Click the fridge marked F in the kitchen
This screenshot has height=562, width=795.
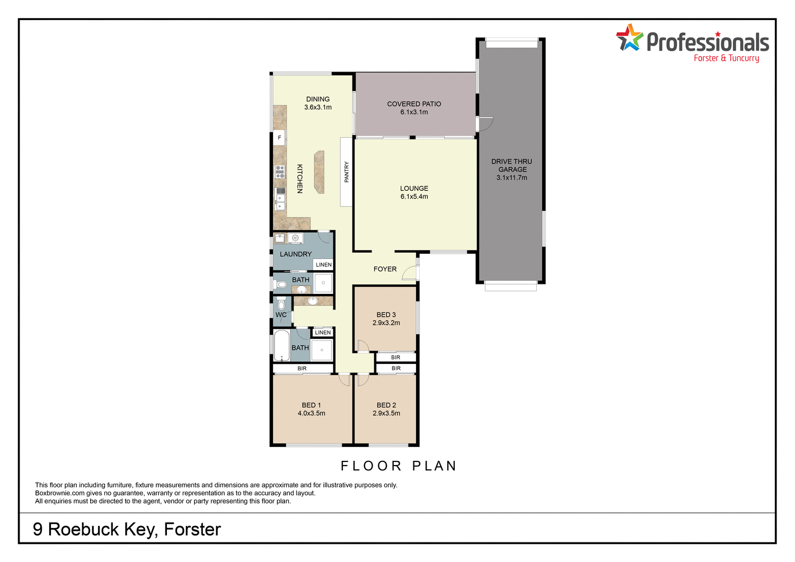pyautogui.click(x=279, y=138)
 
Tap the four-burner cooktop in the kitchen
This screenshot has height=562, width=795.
pyautogui.click(x=280, y=172)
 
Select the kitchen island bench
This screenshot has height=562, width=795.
pyautogui.click(x=319, y=172)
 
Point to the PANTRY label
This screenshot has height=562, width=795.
pyautogui.click(x=347, y=172)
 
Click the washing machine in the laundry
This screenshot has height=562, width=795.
pyautogui.click(x=295, y=238)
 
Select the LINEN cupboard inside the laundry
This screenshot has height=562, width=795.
pyautogui.click(x=323, y=264)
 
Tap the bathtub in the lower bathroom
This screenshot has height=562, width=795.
pyautogui.click(x=281, y=345)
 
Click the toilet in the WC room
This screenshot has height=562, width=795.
pyautogui.click(x=281, y=305)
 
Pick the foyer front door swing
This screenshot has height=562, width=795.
pyautogui.click(x=409, y=272)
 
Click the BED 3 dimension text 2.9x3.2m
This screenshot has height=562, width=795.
pyautogui.click(x=386, y=323)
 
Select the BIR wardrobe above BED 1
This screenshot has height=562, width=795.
pyautogui.click(x=302, y=368)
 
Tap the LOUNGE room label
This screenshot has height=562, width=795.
pyautogui.click(x=414, y=188)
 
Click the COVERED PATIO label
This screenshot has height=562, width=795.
pyautogui.click(x=414, y=104)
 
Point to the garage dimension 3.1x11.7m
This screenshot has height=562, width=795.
pyautogui.click(x=511, y=177)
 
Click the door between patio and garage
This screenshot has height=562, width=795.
pyautogui.click(x=484, y=124)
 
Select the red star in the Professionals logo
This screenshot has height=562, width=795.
pyautogui.click(x=718, y=34)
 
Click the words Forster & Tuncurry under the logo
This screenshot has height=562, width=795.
pyautogui.click(x=726, y=58)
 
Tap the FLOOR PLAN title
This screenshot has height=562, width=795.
pyautogui.click(x=399, y=466)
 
